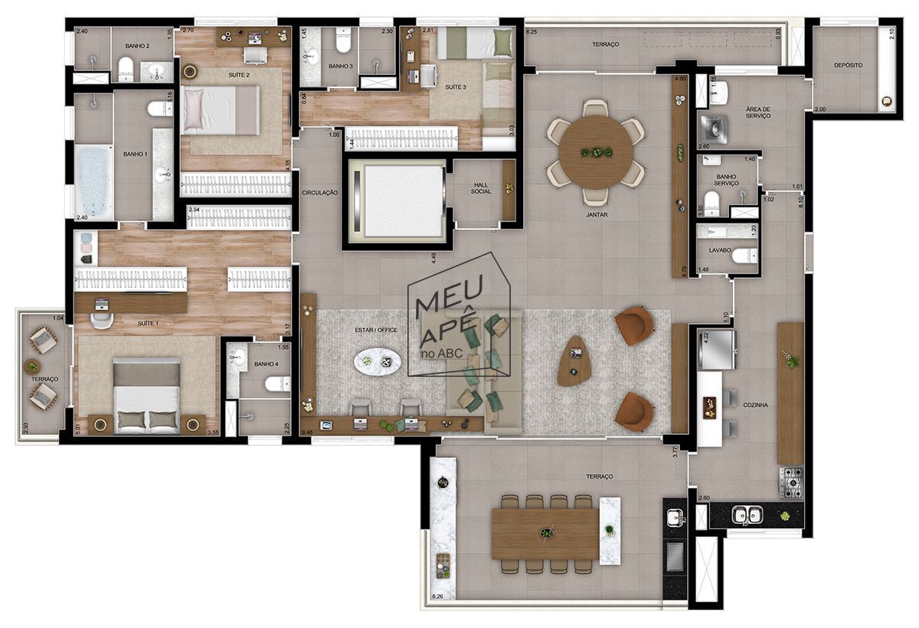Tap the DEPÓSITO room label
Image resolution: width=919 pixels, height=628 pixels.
(848, 66)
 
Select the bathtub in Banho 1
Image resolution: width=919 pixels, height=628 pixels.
(93, 182)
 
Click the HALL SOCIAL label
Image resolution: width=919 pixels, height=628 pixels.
(481, 186)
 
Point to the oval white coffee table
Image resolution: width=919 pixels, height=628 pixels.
(377, 361)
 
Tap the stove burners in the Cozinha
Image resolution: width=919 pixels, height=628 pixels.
(791, 482)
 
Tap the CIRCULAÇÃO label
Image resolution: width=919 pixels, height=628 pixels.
(319, 193)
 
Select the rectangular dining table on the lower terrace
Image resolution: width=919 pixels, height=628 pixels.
(545, 533)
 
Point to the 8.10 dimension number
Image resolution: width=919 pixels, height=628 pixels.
(800, 201)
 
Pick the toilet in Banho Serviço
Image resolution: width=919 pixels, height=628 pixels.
(711, 202)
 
